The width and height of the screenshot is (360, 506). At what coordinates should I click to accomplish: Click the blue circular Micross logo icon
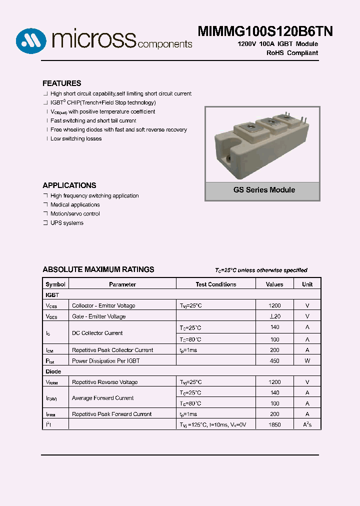coord(31,40)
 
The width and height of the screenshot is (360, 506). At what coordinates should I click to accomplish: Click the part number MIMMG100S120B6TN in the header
coord(265,31)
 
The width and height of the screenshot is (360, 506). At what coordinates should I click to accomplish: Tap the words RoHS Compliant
coord(292,53)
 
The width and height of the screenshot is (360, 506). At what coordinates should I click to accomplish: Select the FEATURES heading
coord(61,83)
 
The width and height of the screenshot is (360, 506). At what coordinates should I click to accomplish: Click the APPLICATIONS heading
coord(69,185)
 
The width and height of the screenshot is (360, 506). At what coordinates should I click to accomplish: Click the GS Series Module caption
coord(264,190)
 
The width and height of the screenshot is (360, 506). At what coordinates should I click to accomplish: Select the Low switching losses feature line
coord(75,139)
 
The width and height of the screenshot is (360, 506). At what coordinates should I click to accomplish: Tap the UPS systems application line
coord(66,223)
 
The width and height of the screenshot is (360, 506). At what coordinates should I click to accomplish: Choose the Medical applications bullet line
coord(74,205)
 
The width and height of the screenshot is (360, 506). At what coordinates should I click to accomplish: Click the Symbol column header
coord(55,284)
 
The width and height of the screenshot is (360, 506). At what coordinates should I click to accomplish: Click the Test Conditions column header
coord(216,284)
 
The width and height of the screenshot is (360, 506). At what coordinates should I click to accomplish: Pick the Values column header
coord(274,284)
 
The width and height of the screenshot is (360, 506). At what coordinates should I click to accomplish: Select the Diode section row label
coord(53,371)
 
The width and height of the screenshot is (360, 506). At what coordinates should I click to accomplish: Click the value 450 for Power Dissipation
coord(274,361)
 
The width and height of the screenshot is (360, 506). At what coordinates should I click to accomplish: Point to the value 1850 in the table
coord(274,425)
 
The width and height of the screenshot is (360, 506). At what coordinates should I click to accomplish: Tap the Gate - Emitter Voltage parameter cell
coord(99,316)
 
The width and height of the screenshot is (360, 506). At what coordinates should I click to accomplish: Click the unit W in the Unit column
coord(307,361)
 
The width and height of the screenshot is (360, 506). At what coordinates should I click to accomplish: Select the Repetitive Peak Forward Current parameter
coord(112,414)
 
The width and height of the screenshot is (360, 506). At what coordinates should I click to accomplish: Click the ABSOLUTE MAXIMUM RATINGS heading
coord(98,269)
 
